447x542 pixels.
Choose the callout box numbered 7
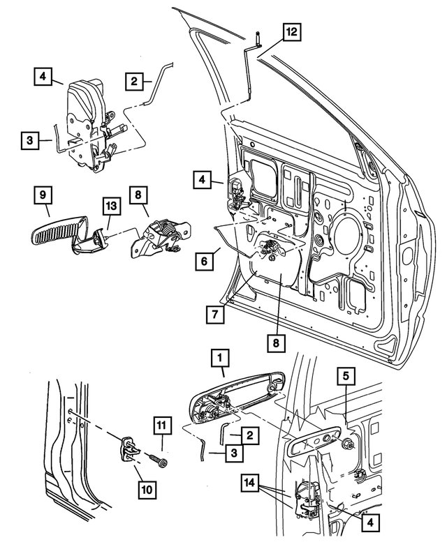click(x=215, y=315)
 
